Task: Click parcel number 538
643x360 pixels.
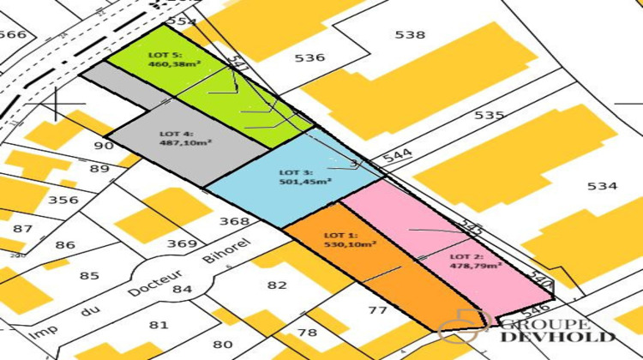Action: click(x=410, y=35)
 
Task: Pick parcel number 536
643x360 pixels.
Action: click(x=309, y=57)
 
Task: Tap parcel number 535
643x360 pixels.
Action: click(x=489, y=115)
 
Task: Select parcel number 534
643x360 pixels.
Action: click(x=601, y=186)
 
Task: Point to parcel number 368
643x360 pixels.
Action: click(x=234, y=221)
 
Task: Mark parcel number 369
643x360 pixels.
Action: click(x=182, y=243)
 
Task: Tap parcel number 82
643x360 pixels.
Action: click(x=278, y=285)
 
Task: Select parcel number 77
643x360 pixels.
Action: click(x=378, y=309)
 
